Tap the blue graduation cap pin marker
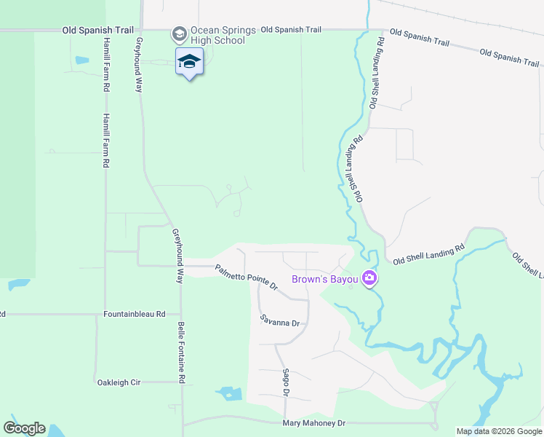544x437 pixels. tap(189, 62)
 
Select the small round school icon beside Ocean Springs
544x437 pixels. tap(179, 34)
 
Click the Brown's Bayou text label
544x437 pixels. tap(324, 279)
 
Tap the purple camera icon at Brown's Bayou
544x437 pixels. tap(370, 278)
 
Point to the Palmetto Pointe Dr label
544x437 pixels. tap(247, 277)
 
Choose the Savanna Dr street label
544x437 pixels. tap(280, 320)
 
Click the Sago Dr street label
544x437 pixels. tap(286, 382)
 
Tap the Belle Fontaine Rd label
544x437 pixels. tap(183, 353)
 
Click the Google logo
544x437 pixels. tap(24, 428)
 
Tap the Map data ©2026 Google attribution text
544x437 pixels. tap(499, 431)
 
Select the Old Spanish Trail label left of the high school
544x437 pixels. tap(98, 30)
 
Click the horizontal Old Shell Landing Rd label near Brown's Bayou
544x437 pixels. tap(428, 254)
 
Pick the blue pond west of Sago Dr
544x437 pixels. tap(230, 394)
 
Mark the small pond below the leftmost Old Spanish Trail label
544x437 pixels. tap(81, 60)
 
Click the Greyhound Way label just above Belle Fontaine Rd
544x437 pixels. tap(177, 256)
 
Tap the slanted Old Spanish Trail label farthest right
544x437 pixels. tap(509, 58)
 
